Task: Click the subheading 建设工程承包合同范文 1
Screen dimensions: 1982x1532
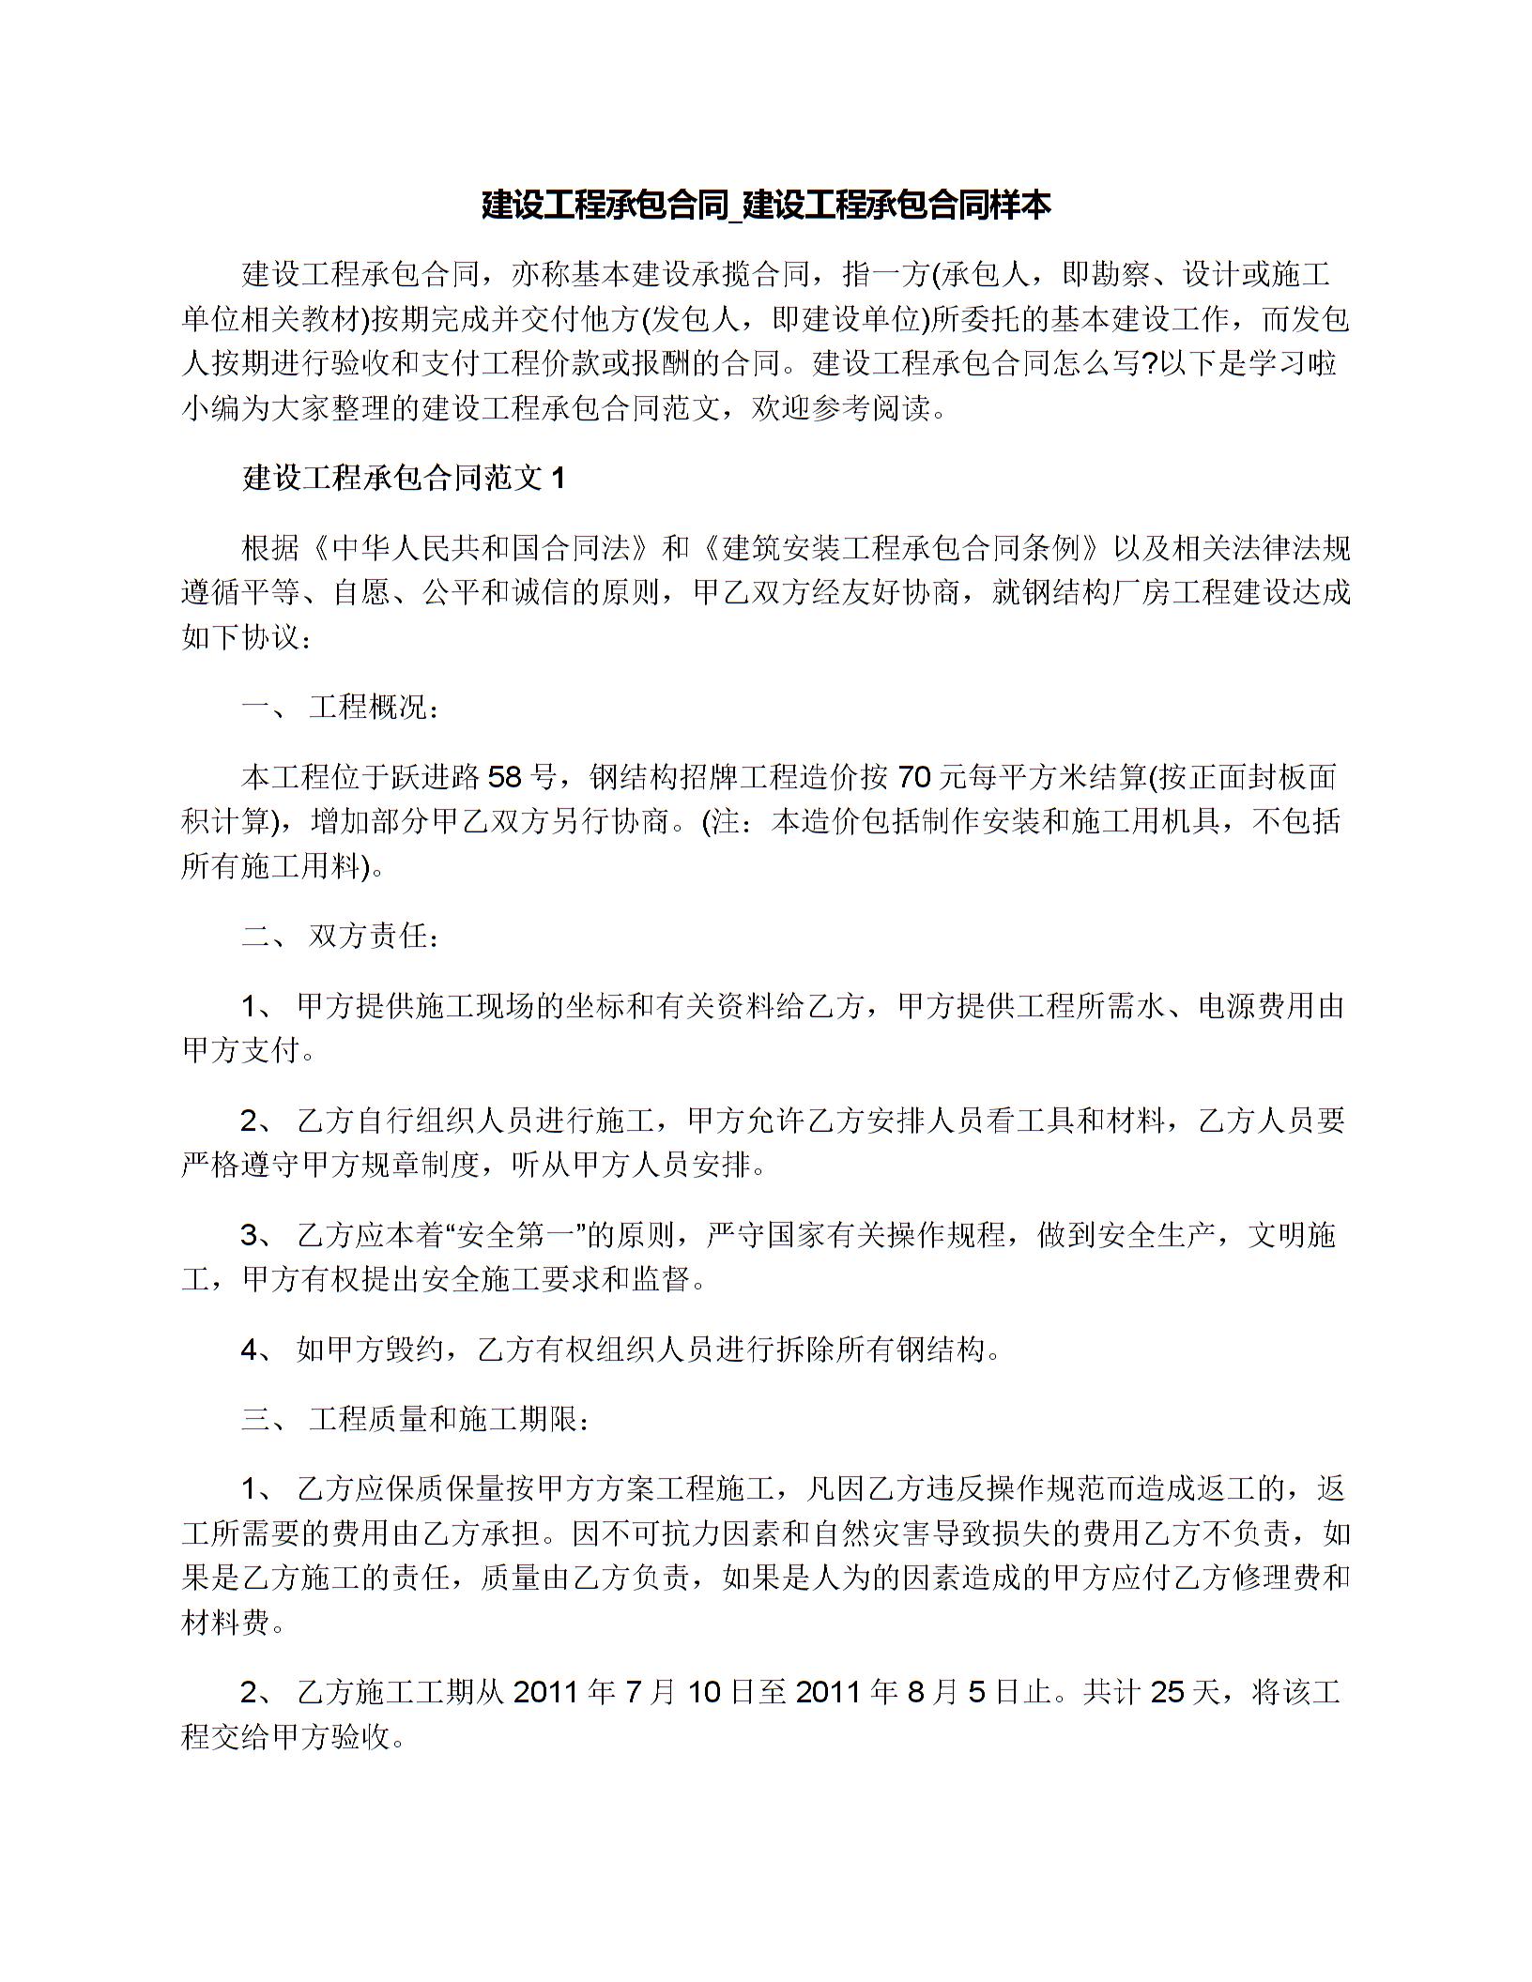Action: pyautogui.click(x=404, y=479)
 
